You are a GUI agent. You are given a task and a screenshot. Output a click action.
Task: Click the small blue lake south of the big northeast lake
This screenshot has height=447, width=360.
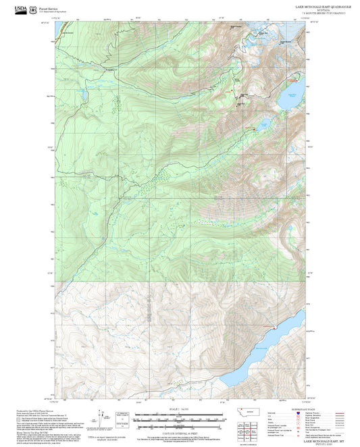click(x=263, y=124)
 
